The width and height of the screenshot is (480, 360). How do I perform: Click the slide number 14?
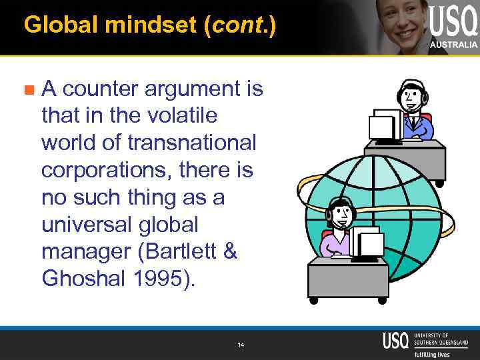click(241, 345)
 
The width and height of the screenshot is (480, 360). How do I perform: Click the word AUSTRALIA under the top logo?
click(453, 45)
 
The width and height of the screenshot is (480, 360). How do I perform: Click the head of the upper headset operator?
click(412, 96)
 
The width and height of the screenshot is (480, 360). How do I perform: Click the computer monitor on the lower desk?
click(367, 243)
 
